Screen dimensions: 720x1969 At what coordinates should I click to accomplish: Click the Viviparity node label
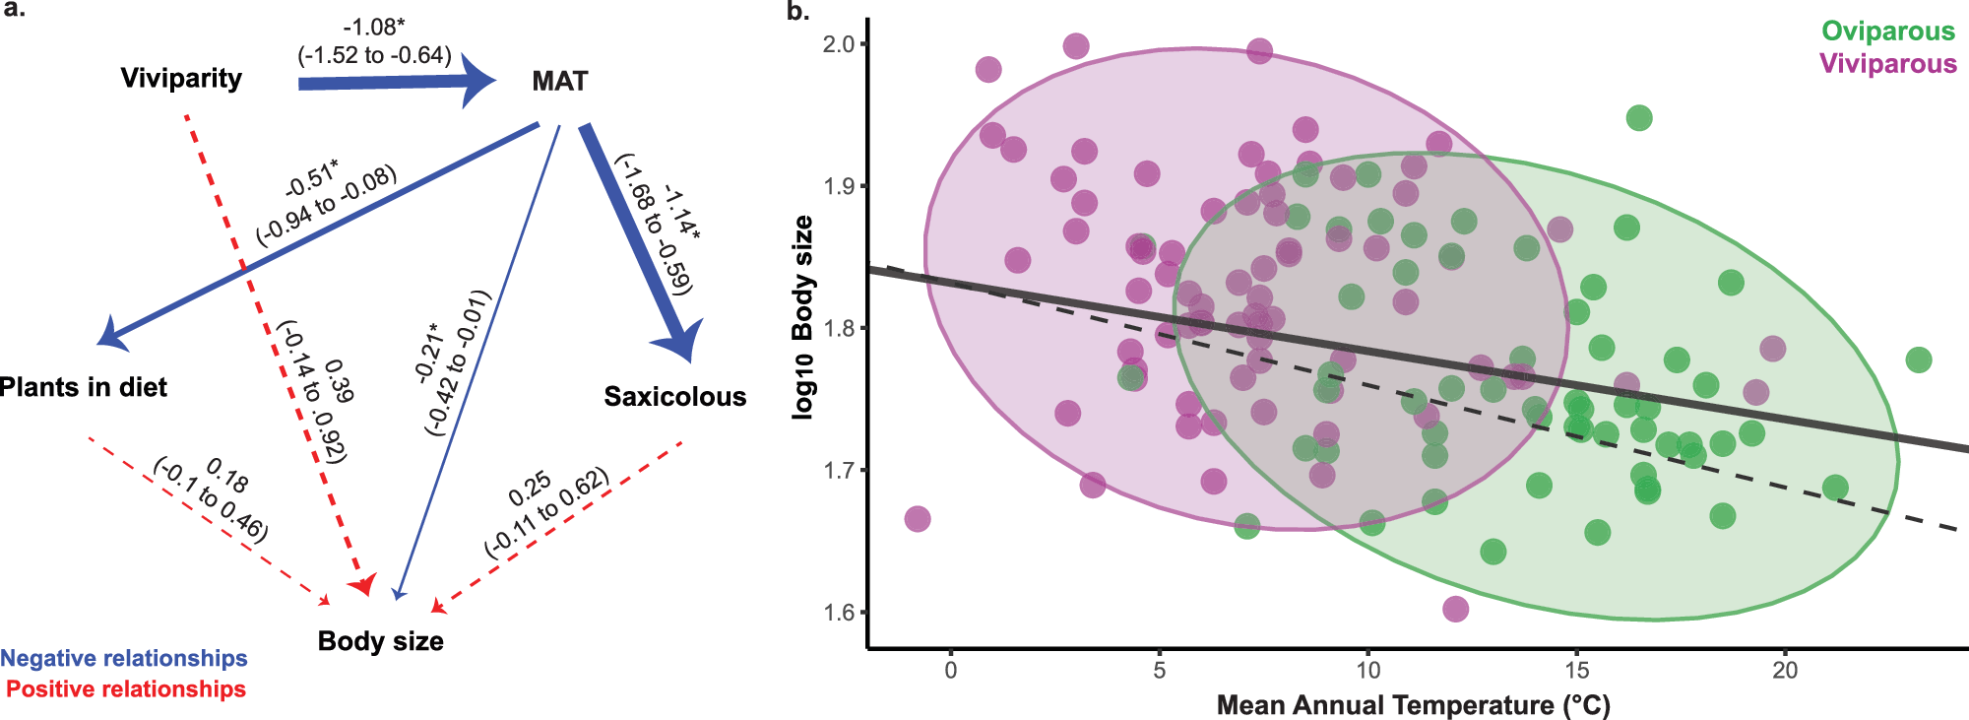(181, 78)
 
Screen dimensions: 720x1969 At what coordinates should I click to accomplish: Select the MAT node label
(559, 81)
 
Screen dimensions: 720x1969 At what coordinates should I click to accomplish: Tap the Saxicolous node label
(674, 397)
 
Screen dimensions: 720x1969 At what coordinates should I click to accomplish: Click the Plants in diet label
(83, 387)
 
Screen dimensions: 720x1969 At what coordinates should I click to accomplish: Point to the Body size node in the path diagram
(380, 641)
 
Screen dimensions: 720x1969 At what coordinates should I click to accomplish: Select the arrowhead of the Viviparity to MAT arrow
(480, 82)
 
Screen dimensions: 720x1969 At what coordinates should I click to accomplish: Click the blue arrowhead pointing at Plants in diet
(108, 335)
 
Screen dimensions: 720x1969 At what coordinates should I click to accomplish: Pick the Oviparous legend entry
(1887, 32)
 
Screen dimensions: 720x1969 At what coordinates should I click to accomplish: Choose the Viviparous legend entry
(1887, 64)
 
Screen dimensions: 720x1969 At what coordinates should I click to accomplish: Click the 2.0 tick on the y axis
(838, 44)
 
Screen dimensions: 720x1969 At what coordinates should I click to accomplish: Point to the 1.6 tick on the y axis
(838, 612)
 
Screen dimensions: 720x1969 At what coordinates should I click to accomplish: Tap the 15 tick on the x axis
(1576, 671)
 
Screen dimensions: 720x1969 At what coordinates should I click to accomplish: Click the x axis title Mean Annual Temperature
(1413, 705)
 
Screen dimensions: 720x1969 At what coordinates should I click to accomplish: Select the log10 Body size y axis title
(803, 317)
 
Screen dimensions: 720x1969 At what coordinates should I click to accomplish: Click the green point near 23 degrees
(1918, 360)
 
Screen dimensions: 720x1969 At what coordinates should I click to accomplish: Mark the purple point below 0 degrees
(917, 519)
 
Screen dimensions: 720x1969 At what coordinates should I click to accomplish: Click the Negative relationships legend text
(124, 658)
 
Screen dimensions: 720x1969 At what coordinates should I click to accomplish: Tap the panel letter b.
(797, 12)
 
